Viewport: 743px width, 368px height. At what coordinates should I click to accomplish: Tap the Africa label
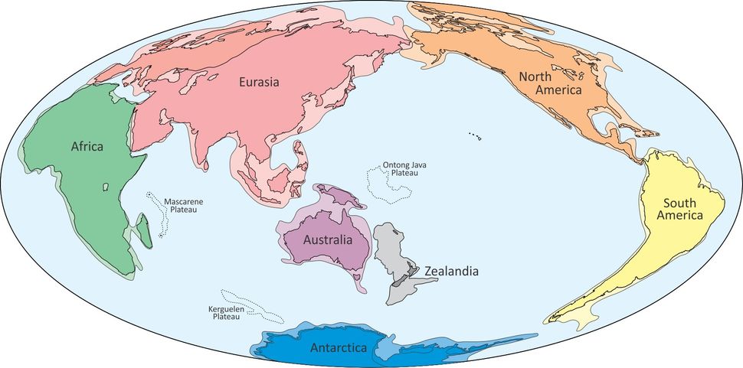click(x=87, y=145)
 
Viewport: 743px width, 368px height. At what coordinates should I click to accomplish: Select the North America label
click(x=551, y=83)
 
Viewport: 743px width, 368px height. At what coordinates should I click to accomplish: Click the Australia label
click(x=328, y=240)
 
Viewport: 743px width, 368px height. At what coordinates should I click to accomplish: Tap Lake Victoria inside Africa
click(x=103, y=186)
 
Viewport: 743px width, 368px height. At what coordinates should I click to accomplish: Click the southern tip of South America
click(x=550, y=319)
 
